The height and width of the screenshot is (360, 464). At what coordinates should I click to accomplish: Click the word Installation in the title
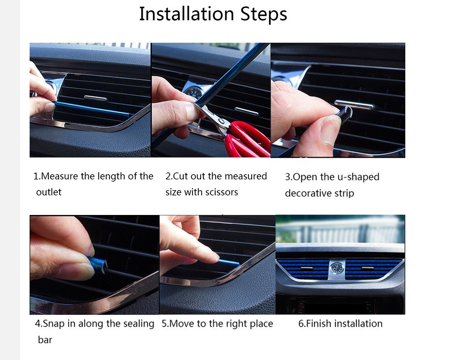coord(186,14)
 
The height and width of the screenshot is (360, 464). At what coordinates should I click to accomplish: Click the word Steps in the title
coord(263,15)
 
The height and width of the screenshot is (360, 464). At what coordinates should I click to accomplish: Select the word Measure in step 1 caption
coord(60,176)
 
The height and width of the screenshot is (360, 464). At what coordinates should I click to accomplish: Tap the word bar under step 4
coord(45,340)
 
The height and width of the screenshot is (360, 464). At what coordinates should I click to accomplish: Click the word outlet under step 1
coord(48,192)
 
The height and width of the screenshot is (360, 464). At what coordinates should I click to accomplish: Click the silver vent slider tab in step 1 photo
coord(96,98)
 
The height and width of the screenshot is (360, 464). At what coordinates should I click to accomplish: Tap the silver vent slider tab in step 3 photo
coord(354,104)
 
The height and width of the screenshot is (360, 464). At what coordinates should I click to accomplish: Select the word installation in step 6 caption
coord(359,323)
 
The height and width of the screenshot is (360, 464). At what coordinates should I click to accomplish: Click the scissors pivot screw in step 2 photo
coord(220,121)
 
